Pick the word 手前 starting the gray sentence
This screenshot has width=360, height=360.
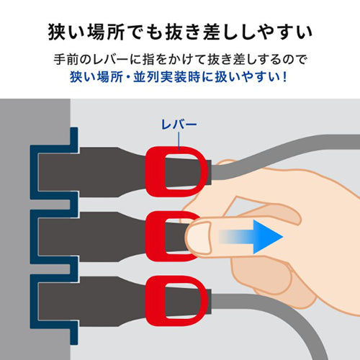[x=84, y=57]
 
